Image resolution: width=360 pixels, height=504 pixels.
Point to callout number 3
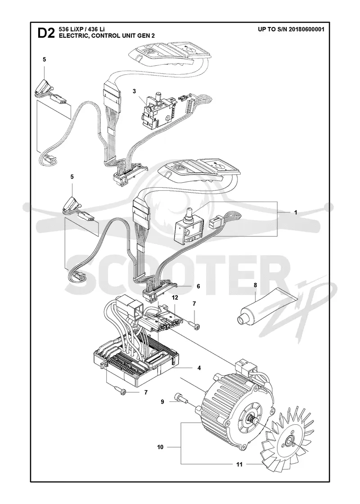pos(134,91)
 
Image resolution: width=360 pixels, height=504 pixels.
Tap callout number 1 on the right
pos(295,212)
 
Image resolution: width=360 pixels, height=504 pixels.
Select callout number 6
pos(198,286)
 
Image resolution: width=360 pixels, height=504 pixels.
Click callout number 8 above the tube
pos(255,284)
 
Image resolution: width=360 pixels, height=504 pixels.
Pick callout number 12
pos(175,298)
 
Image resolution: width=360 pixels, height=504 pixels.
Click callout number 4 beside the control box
pos(199,368)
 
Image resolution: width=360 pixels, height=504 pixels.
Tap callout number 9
pos(162,401)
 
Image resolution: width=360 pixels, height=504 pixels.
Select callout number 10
pos(160,447)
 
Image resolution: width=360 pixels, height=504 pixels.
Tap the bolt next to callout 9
pos(181,397)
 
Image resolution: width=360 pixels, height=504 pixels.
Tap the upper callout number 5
pos(45,59)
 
